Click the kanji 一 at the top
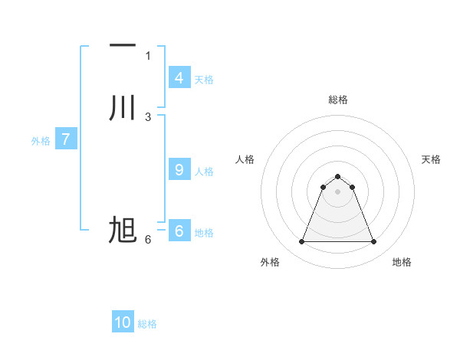(123, 47)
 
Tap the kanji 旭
(123, 230)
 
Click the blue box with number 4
(179, 78)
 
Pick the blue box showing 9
(179, 170)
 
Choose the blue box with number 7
(66, 139)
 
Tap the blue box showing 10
(123, 322)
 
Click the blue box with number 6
(179, 231)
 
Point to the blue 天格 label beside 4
(204, 80)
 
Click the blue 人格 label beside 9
(204, 172)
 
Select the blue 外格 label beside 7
(41, 141)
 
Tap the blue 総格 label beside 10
(147, 324)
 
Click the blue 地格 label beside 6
(204, 233)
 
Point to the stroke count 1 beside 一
(148, 55)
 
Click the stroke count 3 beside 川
(148, 116)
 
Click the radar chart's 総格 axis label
(337, 100)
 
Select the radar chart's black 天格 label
(431, 159)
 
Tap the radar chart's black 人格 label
(245, 159)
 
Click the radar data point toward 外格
(301, 242)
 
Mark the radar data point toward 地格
(374, 242)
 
